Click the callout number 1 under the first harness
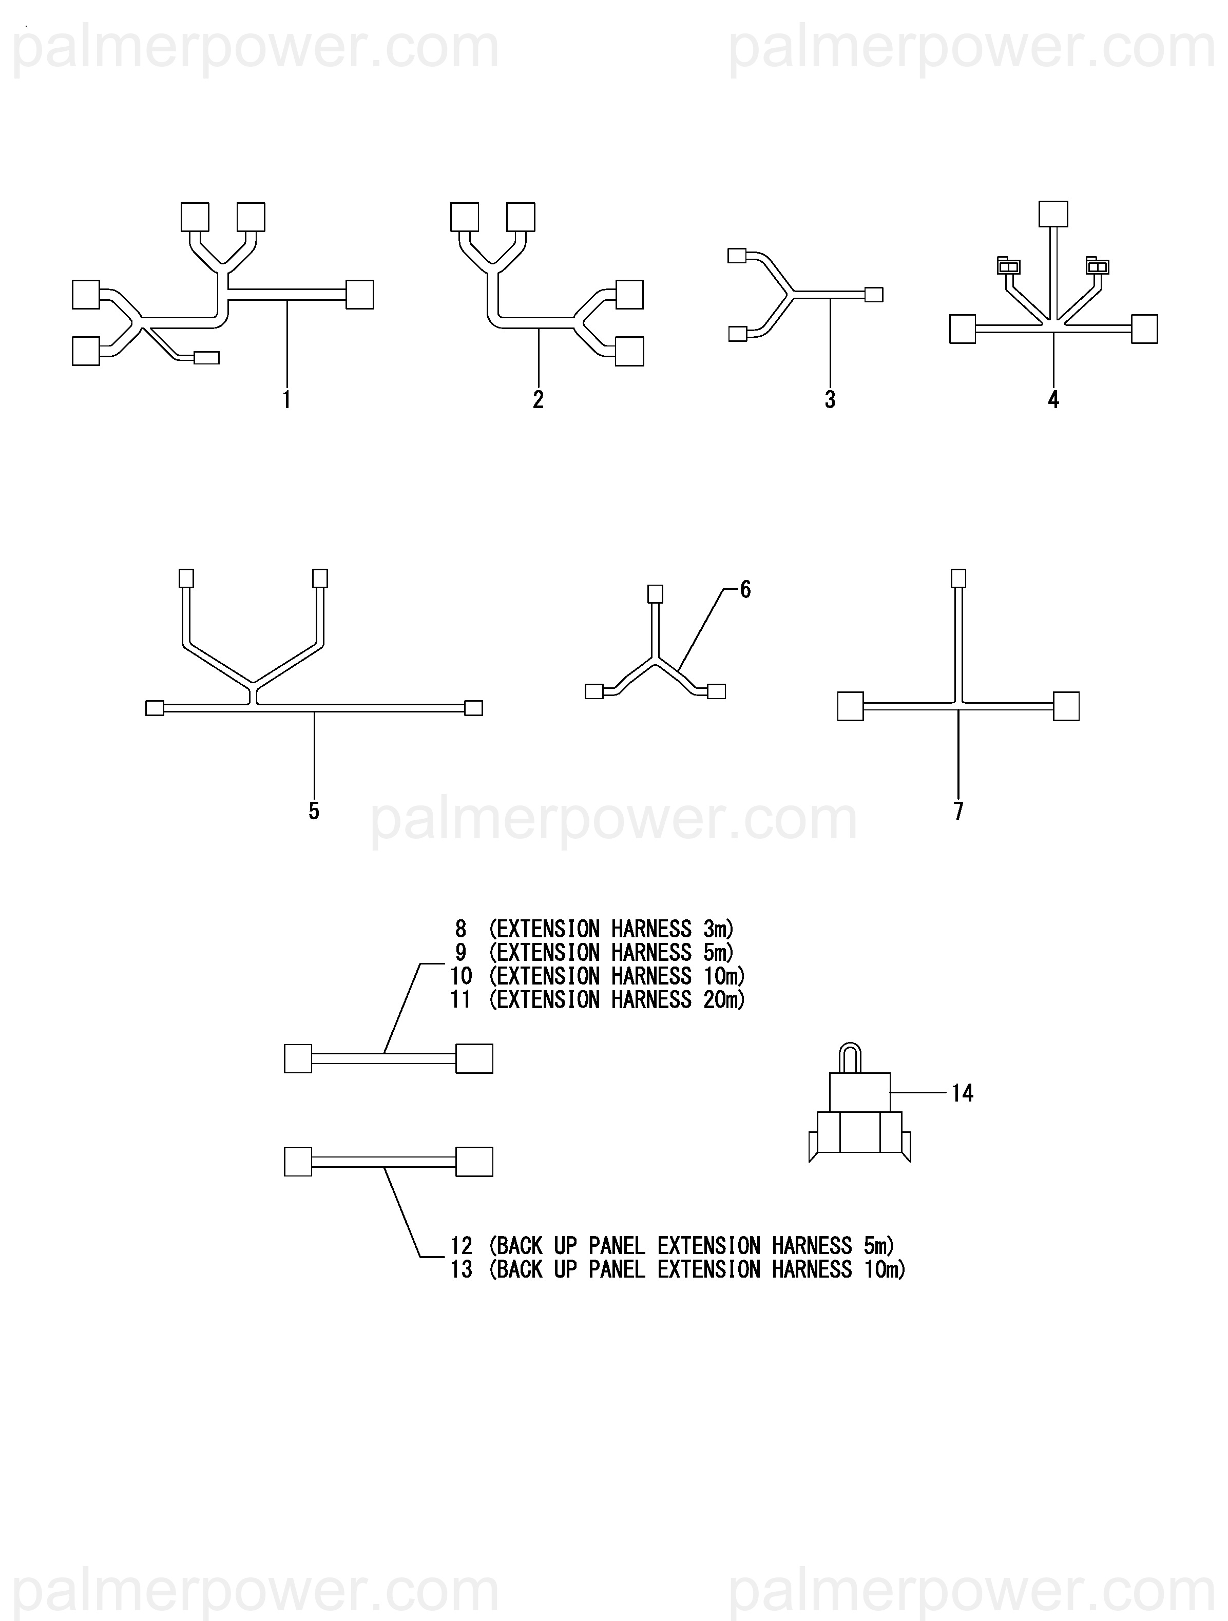coord(286,400)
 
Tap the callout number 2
coord(538,400)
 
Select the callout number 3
coord(830,400)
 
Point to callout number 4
coord(1053,400)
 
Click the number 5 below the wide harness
coord(314,811)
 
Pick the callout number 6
coord(745,589)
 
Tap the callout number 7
coord(958,811)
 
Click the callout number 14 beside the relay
coord(962,1093)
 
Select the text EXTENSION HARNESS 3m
coord(611,929)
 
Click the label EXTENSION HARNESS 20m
coord(616,999)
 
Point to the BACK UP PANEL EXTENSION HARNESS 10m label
coord(697,1269)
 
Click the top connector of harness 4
coord(1053,214)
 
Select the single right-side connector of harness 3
coord(874,295)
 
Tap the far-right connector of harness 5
coord(474,708)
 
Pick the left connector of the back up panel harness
coord(298,1162)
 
